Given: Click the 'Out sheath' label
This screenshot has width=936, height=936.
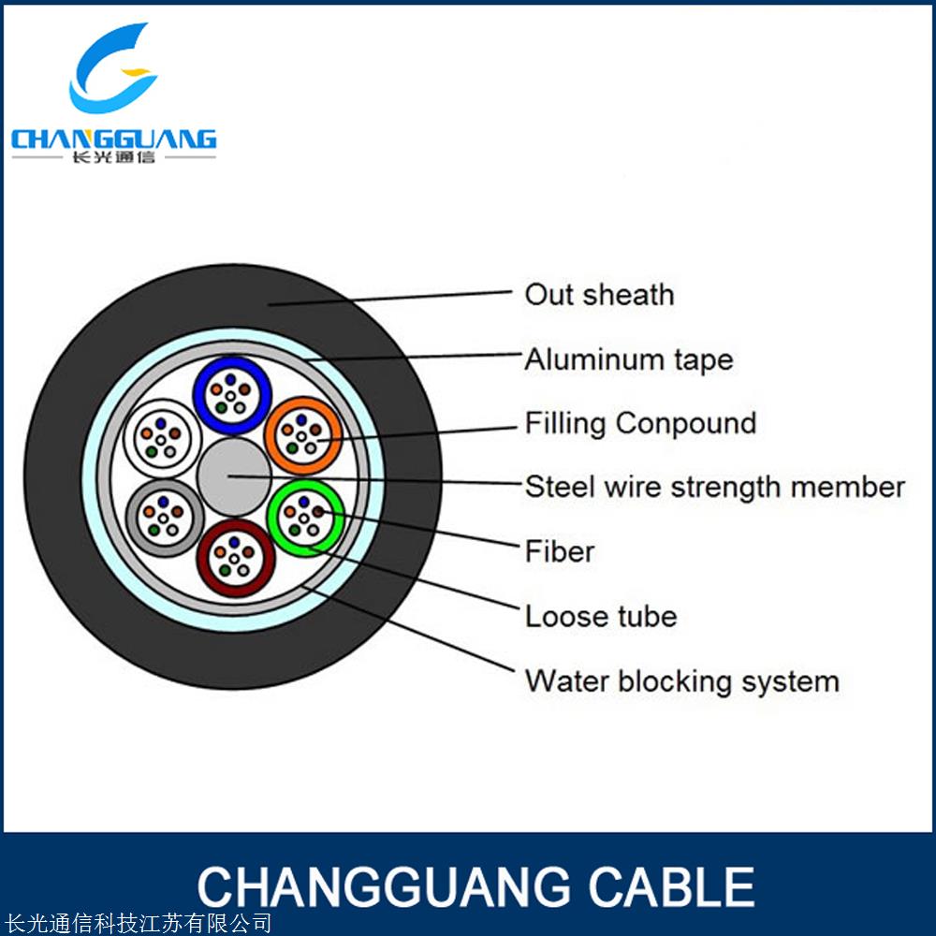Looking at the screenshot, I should click(599, 295).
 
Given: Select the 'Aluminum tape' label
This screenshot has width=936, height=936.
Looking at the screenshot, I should click(628, 359).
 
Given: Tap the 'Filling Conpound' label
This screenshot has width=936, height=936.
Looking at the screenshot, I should click(640, 423).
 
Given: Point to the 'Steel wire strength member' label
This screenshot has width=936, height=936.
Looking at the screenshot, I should click(715, 487).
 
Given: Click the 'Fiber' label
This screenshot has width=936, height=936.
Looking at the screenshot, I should click(560, 551).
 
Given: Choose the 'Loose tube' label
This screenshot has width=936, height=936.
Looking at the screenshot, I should click(600, 616).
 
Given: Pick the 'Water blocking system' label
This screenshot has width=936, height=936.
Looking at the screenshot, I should click(681, 680).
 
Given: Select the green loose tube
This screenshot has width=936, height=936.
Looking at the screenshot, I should click(304, 516).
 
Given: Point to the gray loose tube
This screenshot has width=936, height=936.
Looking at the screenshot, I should click(162, 518).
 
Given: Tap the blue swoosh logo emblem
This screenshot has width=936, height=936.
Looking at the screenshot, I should click(112, 70).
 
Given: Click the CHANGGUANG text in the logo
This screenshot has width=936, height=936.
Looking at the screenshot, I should click(113, 139).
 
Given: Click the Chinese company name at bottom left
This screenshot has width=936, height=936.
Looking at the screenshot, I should click(137, 924).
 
